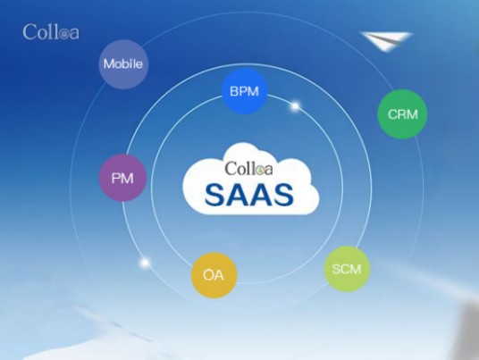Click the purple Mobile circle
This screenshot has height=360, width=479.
tap(123, 64)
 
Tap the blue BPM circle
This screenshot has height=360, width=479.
tap(244, 91)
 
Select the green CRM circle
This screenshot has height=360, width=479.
tap(402, 114)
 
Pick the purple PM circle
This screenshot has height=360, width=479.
tap(122, 178)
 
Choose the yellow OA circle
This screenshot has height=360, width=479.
tap(214, 275)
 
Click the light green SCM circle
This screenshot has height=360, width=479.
tap(347, 269)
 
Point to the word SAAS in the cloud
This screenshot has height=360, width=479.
tap(249, 195)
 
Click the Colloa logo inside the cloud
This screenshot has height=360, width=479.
tap(248, 169)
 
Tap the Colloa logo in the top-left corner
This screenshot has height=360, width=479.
tap(51, 32)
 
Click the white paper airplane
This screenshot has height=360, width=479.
tap(386, 40)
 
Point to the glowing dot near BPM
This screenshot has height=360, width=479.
tap(295, 106)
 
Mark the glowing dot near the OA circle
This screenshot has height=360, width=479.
tap(145, 263)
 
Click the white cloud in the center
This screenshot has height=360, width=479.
tap(251, 180)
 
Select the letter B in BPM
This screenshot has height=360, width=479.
tap(235, 91)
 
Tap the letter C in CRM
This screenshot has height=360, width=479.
tap(392, 114)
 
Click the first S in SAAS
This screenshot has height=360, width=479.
tap(215, 195)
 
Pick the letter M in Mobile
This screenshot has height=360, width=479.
tap(109, 64)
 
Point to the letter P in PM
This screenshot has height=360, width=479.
tap(116, 178)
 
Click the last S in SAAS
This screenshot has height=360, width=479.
tap(283, 195)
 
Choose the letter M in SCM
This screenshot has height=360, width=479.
tap(356, 269)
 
